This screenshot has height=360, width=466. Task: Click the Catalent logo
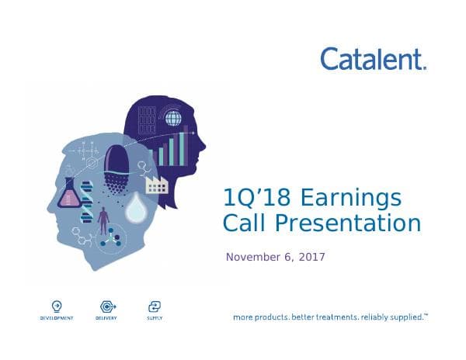coord(373,58)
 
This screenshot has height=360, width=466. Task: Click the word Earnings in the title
coord(352,199)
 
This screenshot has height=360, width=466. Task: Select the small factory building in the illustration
coord(156,183)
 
